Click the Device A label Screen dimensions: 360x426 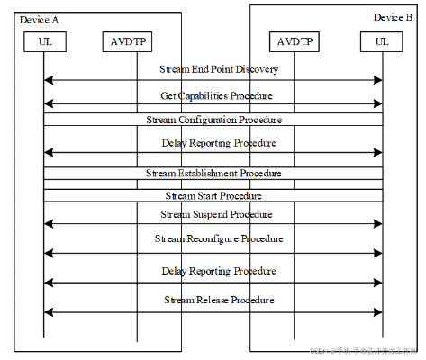[38, 19]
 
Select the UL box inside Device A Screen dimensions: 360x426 [44, 41]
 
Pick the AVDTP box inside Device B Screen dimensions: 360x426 [293, 41]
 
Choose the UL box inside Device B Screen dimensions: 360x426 [382, 41]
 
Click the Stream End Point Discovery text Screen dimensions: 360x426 [219, 68]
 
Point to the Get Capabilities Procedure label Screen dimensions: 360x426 [216, 94]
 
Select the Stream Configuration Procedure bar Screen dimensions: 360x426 [213, 119]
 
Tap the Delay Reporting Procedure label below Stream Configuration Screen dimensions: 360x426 [219, 142]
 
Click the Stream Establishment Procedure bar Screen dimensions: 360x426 [213, 173]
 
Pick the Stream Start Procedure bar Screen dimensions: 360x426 [213, 195]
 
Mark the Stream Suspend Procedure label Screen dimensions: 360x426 [217, 215]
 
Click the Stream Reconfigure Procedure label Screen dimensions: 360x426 [219, 238]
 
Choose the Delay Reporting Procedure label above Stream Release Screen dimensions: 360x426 [219, 270]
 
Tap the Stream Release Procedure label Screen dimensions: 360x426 [219, 299]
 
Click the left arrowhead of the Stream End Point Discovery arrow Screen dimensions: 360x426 [48, 80]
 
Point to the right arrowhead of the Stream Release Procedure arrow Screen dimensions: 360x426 [378, 311]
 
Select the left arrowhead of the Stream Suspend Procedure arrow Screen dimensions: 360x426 [48, 226]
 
